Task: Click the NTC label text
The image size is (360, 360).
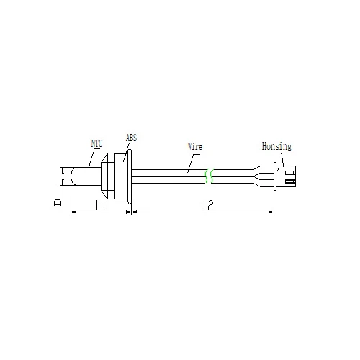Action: tap(96, 143)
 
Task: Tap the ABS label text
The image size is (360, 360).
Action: tap(131, 138)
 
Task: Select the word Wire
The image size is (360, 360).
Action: tap(195, 146)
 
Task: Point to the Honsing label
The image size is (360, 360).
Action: tap(276, 146)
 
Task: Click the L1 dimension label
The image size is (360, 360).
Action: tap(101, 206)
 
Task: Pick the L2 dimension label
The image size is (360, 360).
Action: tap(207, 205)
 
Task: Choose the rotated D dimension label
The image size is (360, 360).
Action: tap(58, 202)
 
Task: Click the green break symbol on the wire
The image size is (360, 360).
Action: tap(209, 176)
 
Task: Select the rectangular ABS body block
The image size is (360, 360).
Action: tap(121, 176)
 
